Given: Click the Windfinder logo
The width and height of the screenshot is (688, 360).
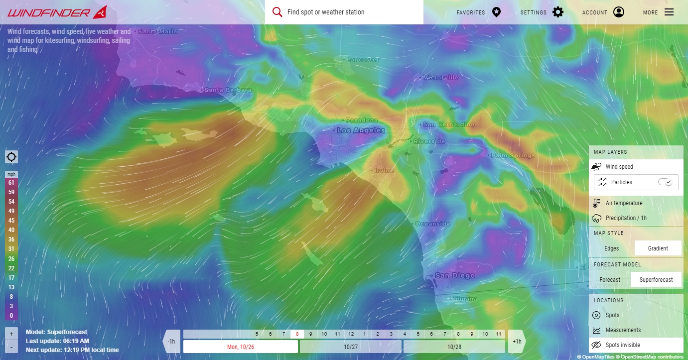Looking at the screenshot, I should pyautogui.click(x=57, y=12).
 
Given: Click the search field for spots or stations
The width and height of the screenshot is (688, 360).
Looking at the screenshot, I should pyautogui.click(x=349, y=12).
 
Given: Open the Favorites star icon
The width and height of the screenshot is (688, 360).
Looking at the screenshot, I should pyautogui.click(x=496, y=12).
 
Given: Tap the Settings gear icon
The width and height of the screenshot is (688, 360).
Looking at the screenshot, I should pyautogui.click(x=558, y=12).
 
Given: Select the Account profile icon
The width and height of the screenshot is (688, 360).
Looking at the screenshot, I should pyautogui.click(x=619, y=12).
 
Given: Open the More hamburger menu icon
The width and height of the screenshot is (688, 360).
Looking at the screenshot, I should pyautogui.click(x=669, y=12).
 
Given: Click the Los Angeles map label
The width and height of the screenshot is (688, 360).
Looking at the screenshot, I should pyautogui.click(x=361, y=130).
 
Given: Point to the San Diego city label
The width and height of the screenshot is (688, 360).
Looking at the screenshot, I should pyautogui.click(x=454, y=275).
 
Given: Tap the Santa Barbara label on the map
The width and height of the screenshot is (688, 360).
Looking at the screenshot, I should pyautogui.click(x=228, y=90).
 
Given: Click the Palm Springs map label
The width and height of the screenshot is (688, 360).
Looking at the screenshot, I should pyautogui.click(x=513, y=155).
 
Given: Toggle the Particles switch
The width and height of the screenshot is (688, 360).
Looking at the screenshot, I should pyautogui.click(x=665, y=182).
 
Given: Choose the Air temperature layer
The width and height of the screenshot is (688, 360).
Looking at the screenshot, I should pyautogui.click(x=624, y=203).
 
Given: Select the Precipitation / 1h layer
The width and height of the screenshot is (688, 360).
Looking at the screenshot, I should pyautogui.click(x=626, y=218).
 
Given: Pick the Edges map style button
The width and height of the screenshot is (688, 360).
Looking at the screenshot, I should pyautogui.click(x=612, y=248).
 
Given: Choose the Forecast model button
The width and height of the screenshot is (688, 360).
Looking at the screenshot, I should pyautogui.click(x=610, y=280).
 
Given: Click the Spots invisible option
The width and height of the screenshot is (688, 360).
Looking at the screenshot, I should pyautogui.click(x=623, y=345).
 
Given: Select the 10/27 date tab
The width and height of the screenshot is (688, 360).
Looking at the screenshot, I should pyautogui.click(x=351, y=347).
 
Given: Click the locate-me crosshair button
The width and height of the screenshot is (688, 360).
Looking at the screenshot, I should pyautogui.click(x=11, y=157).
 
